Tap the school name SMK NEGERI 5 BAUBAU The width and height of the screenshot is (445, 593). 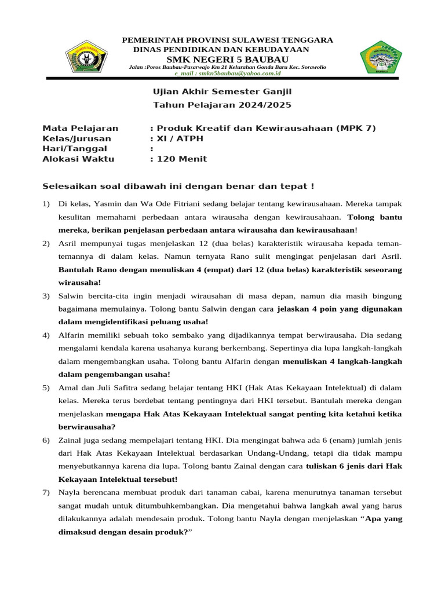[x=227, y=59]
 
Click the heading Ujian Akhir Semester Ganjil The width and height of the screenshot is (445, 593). [x=222, y=91]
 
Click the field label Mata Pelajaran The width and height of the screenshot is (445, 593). [x=81, y=128]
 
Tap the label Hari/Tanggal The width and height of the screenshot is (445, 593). [x=75, y=149]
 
